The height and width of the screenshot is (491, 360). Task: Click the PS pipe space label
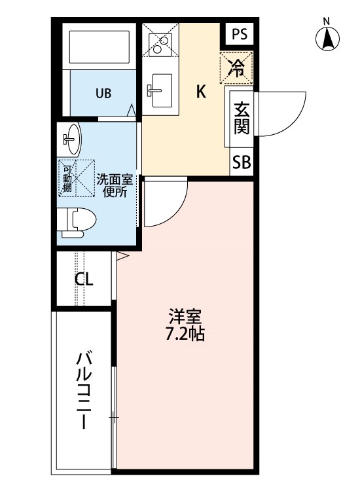(240, 34)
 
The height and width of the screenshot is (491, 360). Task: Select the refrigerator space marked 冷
(236, 68)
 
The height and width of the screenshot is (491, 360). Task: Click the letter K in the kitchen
(201, 92)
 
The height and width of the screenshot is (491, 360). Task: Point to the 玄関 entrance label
(242, 118)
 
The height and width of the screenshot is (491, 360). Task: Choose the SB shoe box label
(242, 162)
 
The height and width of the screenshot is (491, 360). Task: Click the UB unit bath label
(103, 93)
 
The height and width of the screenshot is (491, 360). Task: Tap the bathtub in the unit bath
(99, 47)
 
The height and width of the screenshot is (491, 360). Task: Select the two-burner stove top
(160, 45)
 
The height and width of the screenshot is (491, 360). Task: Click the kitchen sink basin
(162, 90)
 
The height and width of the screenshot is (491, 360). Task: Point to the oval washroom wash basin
(73, 139)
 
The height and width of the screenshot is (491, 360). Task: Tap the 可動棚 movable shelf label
(67, 179)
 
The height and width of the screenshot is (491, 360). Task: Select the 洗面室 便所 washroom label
(115, 186)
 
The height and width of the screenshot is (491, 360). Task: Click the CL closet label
(84, 278)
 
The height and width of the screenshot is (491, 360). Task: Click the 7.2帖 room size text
(185, 334)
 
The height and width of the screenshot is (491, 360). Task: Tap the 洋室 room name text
(185, 317)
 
